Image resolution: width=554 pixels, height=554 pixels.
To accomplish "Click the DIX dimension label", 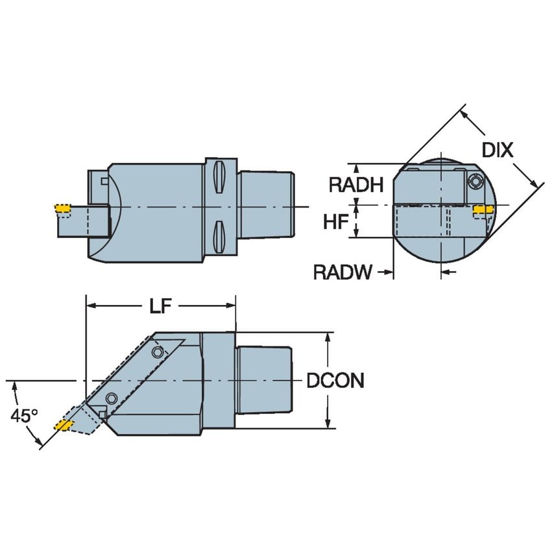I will (498, 151).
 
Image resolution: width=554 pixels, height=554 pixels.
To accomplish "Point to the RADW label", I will (343, 272).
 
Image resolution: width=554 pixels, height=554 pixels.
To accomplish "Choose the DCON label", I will (335, 381).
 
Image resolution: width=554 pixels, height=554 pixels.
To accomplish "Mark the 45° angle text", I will (25, 416).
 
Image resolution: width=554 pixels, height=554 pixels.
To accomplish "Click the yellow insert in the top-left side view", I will (62, 208).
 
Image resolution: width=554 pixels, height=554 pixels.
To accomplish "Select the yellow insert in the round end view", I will (481, 209).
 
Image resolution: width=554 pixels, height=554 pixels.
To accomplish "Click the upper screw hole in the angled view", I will (157, 352).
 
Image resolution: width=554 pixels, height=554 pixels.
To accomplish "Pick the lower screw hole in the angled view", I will (112, 398).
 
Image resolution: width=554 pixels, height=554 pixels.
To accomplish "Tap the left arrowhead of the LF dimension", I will (91, 305).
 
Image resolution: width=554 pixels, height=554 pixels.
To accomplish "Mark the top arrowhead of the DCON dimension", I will (329, 339).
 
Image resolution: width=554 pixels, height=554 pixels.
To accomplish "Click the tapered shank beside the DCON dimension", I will (263, 380).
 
